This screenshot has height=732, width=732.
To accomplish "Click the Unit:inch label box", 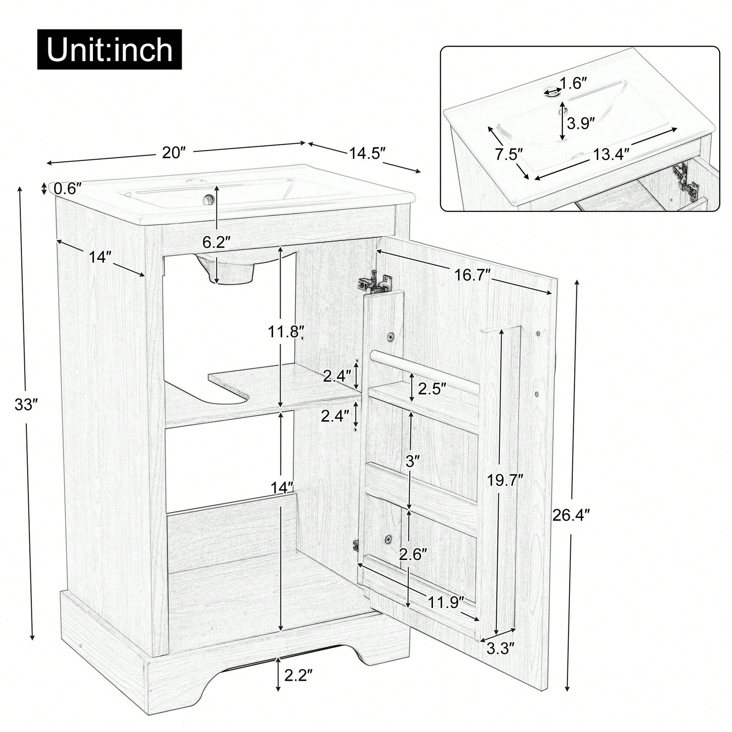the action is [x=109, y=50].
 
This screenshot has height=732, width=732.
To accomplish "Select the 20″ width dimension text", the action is [x=174, y=152].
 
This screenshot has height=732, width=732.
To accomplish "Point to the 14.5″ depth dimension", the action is [x=367, y=153].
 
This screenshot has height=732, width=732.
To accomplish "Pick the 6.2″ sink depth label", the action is [x=217, y=241].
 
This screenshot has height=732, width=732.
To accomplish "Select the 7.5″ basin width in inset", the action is [x=509, y=155].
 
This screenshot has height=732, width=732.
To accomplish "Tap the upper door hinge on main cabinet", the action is [x=375, y=282].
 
